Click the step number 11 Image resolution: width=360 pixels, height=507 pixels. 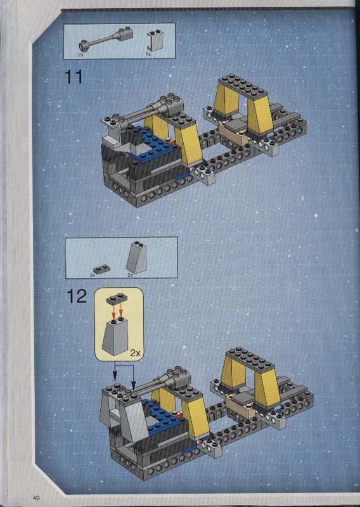pyautogui.click(x=74, y=77)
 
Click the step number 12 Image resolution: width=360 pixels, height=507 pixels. pyautogui.click(x=77, y=296)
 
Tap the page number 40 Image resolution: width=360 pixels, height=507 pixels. pyautogui.click(x=36, y=497)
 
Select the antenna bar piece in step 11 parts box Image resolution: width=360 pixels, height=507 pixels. pyautogui.click(x=106, y=39)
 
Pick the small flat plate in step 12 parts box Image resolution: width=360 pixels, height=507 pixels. pyautogui.click(x=101, y=269)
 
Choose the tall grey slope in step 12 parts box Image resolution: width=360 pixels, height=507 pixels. pyautogui.click(x=137, y=257)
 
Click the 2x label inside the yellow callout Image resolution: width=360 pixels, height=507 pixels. pyautogui.click(x=136, y=353)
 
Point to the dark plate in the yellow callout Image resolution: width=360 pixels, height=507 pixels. pyautogui.click(x=117, y=299)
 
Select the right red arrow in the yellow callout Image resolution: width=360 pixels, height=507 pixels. pyautogui.click(x=121, y=311)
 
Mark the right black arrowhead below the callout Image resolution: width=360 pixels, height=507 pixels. pyautogui.click(x=134, y=385)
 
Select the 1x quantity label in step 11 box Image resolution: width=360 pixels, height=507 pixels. pyautogui.click(x=148, y=55)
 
